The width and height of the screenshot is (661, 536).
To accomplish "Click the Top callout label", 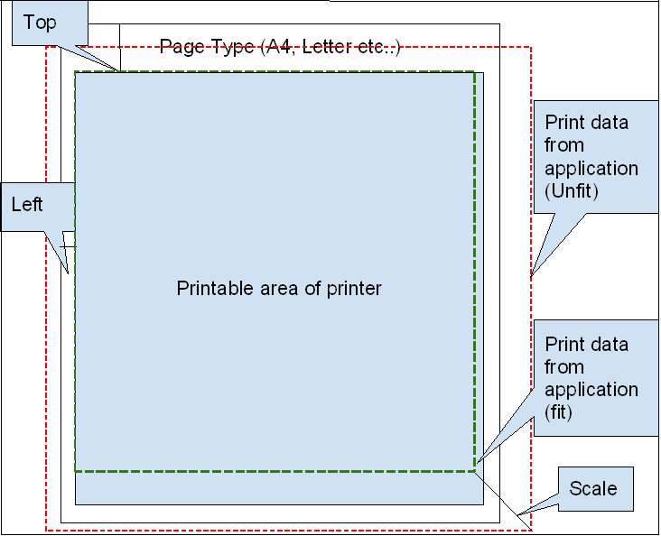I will click(x=39, y=23).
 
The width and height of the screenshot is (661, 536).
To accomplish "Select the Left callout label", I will click(x=27, y=205).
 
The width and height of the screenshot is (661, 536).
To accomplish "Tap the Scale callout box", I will click(x=593, y=488).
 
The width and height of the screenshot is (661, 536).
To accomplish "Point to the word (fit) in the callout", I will click(x=560, y=411).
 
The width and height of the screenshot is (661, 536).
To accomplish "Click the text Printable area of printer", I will click(x=279, y=289).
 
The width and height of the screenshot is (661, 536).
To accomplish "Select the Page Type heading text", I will click(x=280, y=47).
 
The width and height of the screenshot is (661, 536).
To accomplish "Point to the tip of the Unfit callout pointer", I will click(x=533, y=274).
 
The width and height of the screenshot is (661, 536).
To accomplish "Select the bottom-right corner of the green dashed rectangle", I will click(x=474, y=470).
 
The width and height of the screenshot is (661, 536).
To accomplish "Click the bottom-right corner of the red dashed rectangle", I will click(x=531, y=531).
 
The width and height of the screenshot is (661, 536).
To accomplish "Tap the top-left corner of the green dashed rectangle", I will click(x=75, y=71).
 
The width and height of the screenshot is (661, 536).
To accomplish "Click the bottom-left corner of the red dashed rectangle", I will click(x=46, y=531).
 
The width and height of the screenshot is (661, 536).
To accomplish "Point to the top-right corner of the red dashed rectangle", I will click(x=531, y=48).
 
